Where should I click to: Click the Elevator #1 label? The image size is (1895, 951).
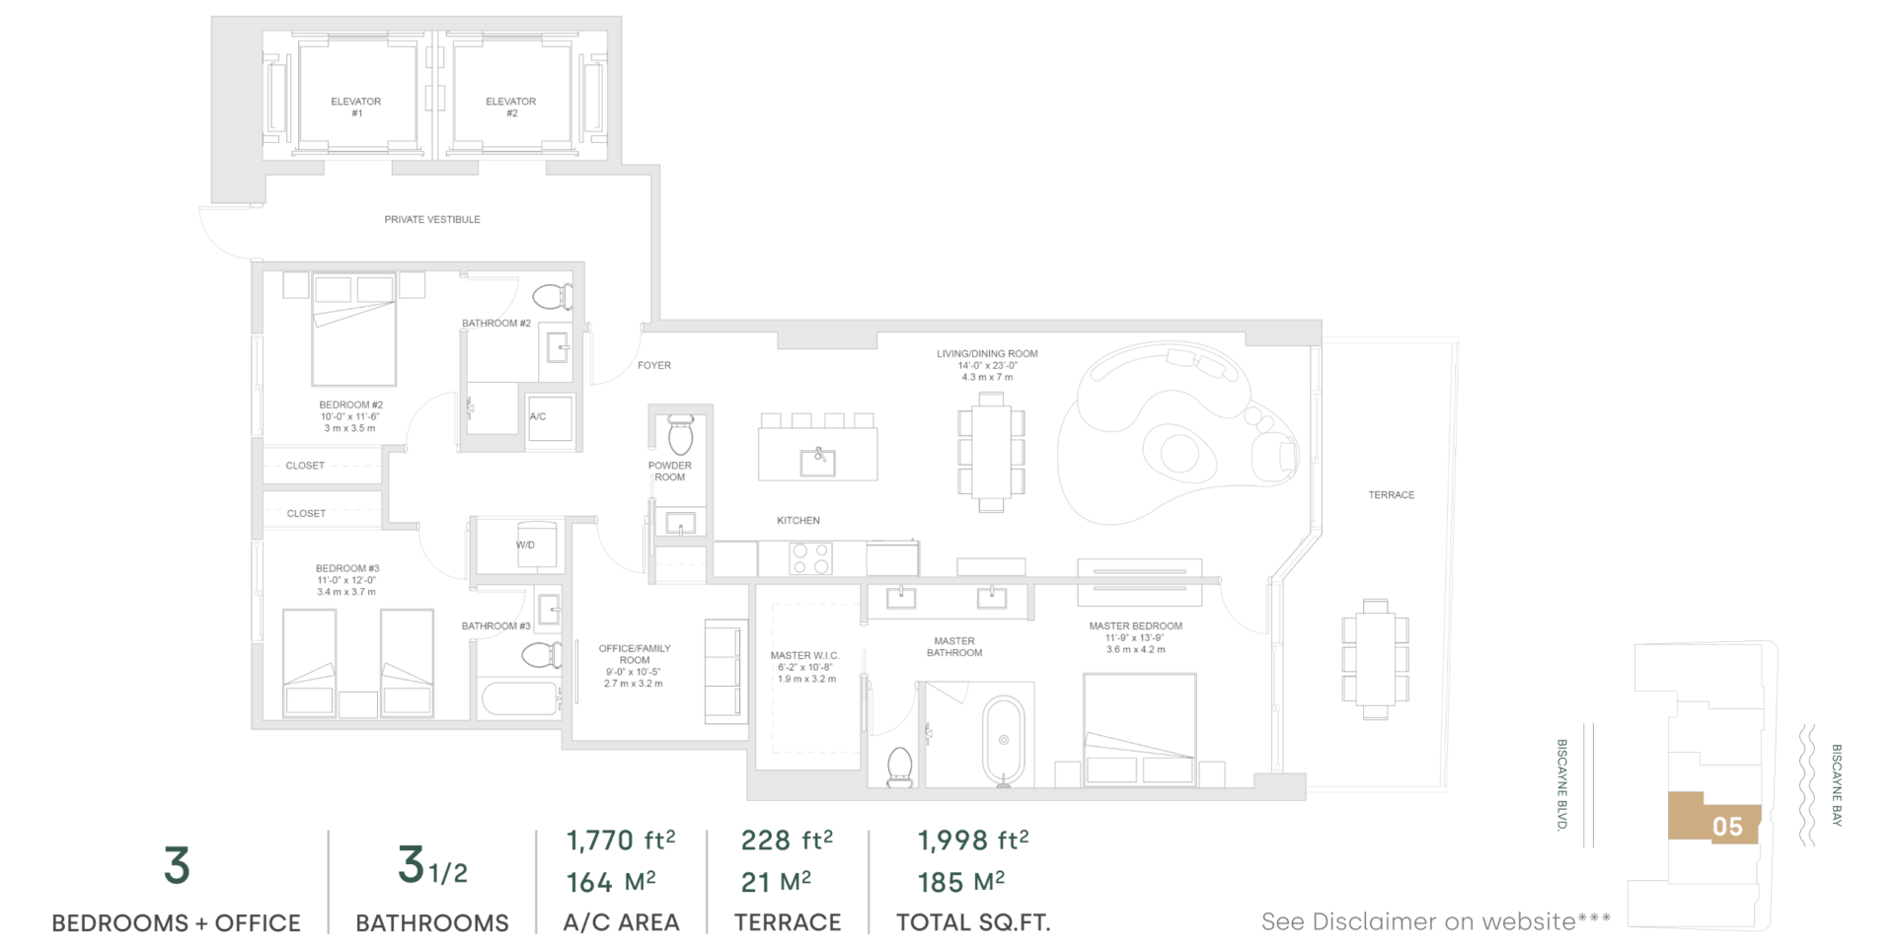[x=356, y=108]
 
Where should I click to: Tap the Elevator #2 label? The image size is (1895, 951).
[x=511, y=108]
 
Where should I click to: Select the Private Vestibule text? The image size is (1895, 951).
[x=432, y=220]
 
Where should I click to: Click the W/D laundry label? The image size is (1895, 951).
[x=525, y=546]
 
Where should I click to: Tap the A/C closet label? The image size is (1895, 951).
[x=538, y=417]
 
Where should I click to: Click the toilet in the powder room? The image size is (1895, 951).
[x=681, y=434]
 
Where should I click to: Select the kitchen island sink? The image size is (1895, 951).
[x=818, y=461]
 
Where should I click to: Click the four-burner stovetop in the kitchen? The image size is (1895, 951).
[x=810, y=559]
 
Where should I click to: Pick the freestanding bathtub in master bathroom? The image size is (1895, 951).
[x=1004, y=741]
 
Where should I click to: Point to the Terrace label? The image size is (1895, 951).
[x=1392, y=495]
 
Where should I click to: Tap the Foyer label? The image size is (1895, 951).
[x=654, y=366]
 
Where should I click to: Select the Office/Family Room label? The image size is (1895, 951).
[x=635, y=654]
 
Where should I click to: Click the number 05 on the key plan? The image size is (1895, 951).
[x=1727, y=827]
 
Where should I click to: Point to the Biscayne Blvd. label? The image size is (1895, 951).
[x=1562, y=785]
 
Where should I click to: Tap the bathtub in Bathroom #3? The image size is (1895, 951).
[x=520, y=698]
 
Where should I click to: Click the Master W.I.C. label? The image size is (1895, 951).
[x=805, y=656]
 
